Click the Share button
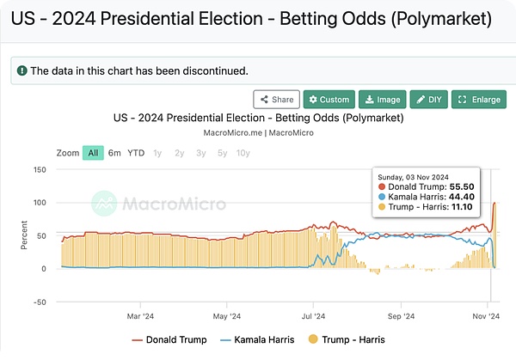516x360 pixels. (278, 100)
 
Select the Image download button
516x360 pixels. (382, 100)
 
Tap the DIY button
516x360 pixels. (428, 100)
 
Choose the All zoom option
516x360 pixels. (93, 153)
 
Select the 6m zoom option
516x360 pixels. (114, 153)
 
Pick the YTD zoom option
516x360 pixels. (136, 153)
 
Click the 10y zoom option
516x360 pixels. (243, 153)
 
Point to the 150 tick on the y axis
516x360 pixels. (40, 169)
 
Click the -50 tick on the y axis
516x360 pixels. (40, 302)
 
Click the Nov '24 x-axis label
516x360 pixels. (487, 315)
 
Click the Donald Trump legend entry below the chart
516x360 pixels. (169, 340)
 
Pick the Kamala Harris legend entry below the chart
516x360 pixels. (260, 340)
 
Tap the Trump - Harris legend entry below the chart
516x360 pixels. (351, 340)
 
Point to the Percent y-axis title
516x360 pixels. (24, 235)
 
